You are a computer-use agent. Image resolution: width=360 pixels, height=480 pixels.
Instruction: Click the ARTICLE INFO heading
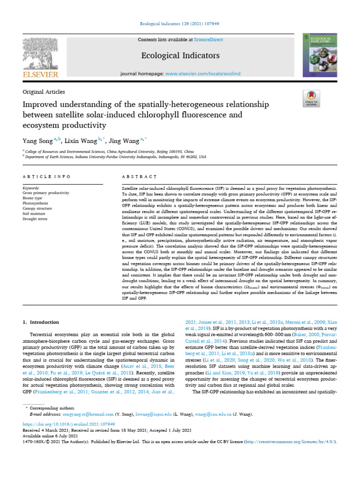[46, 177]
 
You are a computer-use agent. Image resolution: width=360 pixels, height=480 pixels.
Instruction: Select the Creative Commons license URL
[286, 442]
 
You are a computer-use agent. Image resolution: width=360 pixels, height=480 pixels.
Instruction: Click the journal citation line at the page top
[180, 23]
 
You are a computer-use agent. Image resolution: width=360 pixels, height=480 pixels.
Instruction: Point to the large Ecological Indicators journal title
[180, 56]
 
